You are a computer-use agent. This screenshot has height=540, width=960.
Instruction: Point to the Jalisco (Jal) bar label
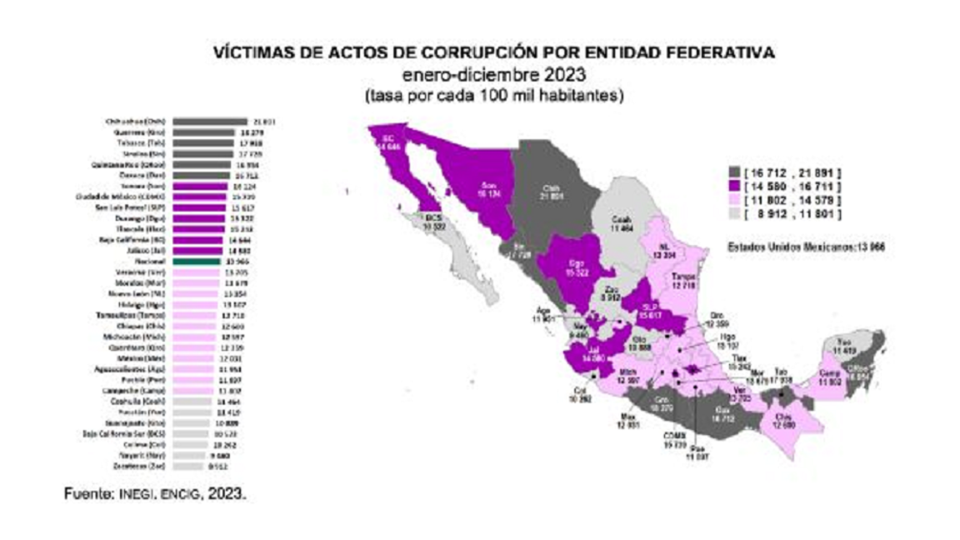click(x=147, y=249)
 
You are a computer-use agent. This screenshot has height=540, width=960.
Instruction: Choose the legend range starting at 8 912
click(x=787, y=215)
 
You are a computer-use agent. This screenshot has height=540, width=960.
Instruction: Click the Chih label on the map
click(x=549, y=191)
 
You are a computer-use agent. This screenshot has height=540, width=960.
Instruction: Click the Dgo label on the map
click(x=574, y=267)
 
